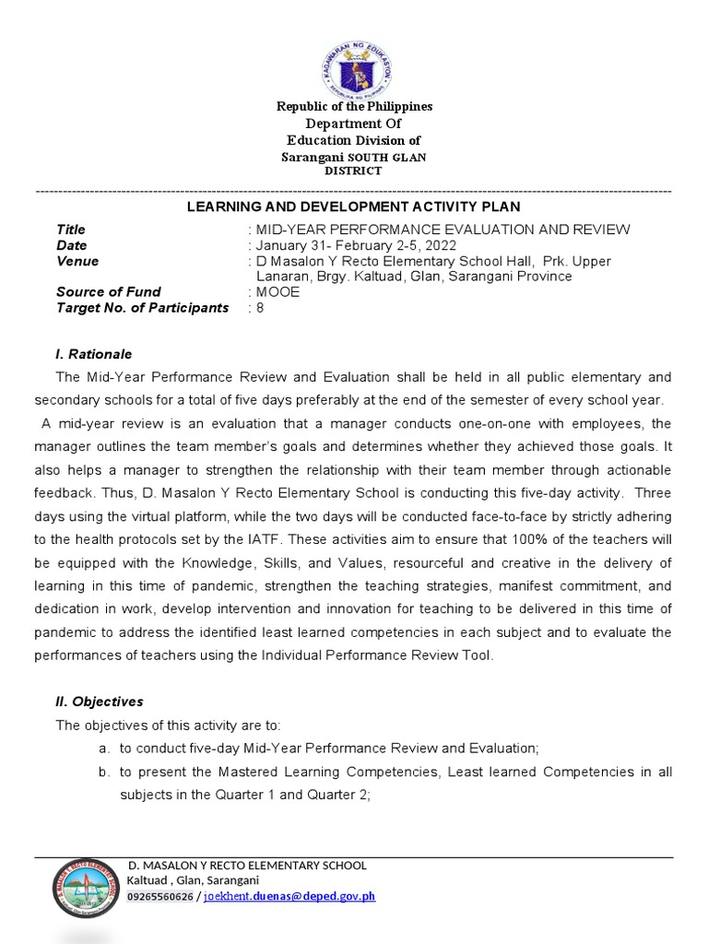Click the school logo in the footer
coord(84,889)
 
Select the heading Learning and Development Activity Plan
coord(354,207)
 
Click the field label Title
coord(71,230)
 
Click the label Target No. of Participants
coord(142,308)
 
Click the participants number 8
coord(260,308)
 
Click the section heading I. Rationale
coord(94,354)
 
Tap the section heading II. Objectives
coord(100,702)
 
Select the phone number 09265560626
coord(160,896)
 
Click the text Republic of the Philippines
coord(354,107)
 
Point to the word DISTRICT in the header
coord(353,171)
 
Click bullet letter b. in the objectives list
coord(105,771)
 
